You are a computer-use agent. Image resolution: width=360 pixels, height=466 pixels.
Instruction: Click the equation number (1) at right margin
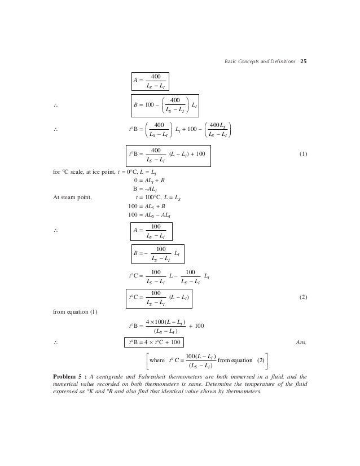coord(303,153)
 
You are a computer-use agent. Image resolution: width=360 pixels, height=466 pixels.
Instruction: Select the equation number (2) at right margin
coord(303,297)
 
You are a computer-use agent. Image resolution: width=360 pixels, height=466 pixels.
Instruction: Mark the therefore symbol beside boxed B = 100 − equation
coord(55,105)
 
